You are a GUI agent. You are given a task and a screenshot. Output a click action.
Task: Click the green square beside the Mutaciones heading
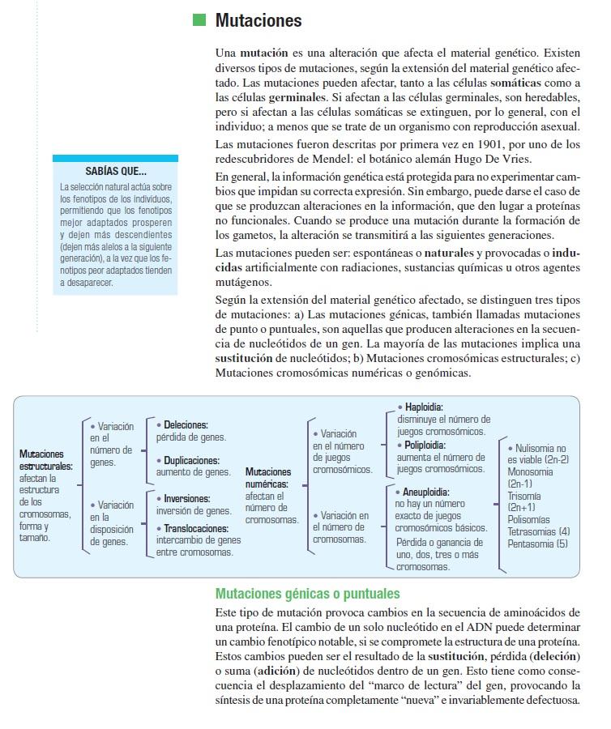199,21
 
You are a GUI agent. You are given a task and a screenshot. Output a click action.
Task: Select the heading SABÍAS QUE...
116,172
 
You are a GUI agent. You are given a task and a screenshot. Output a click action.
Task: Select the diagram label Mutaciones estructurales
46,460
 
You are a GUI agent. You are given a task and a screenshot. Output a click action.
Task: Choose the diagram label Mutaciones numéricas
267,478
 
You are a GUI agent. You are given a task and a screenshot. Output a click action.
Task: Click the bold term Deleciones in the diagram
186,424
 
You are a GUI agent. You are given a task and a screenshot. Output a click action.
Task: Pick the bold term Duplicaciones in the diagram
193,460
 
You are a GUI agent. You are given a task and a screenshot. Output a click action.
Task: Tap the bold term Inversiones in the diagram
186,498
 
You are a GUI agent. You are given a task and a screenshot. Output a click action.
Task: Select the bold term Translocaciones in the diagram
197,527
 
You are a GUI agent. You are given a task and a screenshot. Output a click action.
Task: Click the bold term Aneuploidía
425,491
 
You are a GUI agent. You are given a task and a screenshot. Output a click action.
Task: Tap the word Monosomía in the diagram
530,471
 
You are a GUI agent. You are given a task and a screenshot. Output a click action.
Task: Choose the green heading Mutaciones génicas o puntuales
307,594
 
